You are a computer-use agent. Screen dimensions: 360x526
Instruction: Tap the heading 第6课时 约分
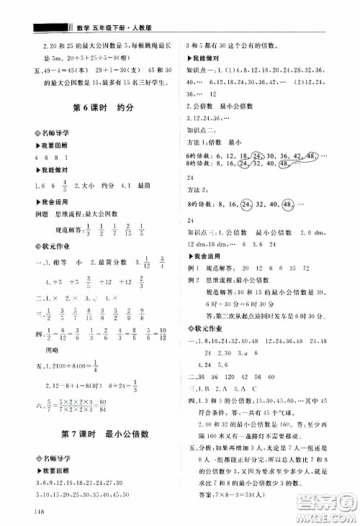point(94,110)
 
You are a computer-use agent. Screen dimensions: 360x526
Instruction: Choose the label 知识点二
point(201,131)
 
